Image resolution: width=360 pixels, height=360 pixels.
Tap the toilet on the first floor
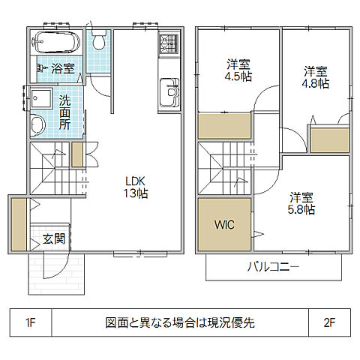coord(98,42)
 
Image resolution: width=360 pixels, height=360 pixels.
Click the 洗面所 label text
coord(65,110)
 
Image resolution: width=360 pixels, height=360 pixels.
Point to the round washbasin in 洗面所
coord(37,124)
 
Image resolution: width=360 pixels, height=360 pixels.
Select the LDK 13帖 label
coord(136,185)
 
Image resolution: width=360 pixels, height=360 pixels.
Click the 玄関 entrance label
coord(52,239)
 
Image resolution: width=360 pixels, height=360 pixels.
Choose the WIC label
coord(224,224)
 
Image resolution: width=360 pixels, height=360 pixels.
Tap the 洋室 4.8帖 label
coord(316,77)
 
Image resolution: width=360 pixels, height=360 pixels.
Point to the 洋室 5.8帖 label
coord(301,203)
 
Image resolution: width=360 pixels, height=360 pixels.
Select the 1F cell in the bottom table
coord(31,323)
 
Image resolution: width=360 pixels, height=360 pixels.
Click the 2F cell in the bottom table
coord(328,323)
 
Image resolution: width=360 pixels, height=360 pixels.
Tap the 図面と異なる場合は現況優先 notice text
coord(180,323)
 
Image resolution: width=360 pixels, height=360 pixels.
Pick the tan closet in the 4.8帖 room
coord(327,140)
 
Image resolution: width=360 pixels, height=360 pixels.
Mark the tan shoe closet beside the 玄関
coord(18,223)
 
